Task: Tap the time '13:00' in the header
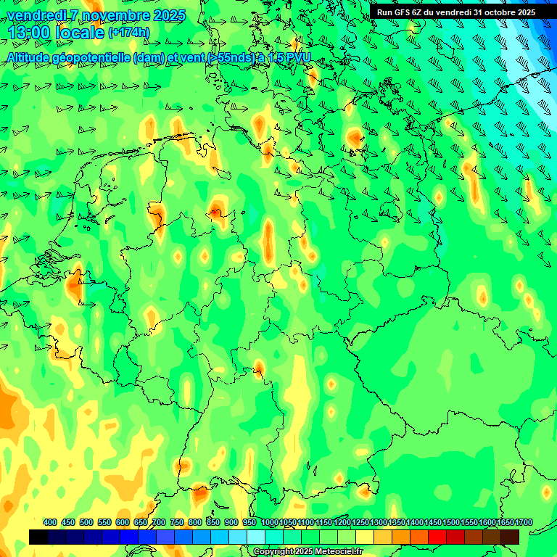[x=28, y=33]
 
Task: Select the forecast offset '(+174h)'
[x=129, y=33]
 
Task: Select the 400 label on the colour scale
[x=50, y=522]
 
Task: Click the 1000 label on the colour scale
[x=269, y=522]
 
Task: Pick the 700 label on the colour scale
[x=159, y=522]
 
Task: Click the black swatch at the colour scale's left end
[x=38, y=537]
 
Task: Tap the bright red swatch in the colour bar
[x=437, y=537]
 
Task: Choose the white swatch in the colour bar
[x=256, y=537]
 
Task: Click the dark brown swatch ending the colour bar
[x=510, y=537]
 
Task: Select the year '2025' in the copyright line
[x=299, y=552]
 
